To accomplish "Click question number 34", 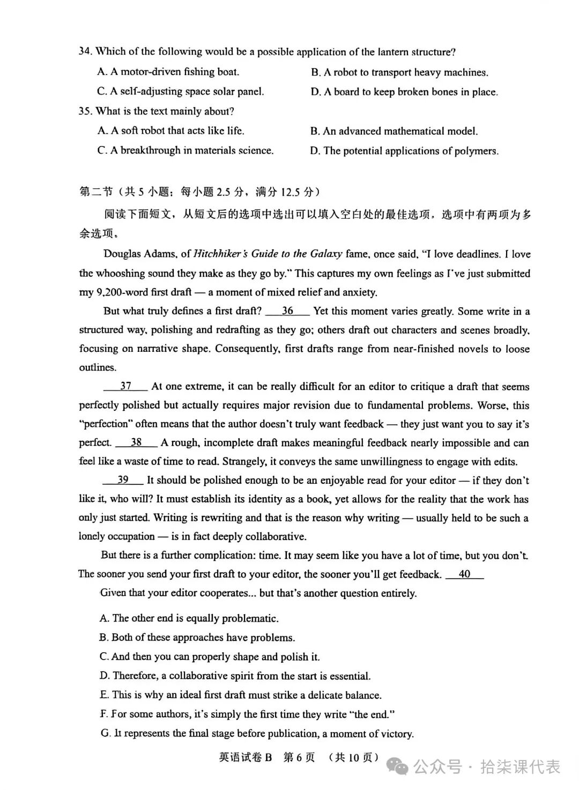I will coord(85,51).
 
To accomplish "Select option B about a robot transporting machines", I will coord(399,72).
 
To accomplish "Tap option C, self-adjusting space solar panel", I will coord(181,92).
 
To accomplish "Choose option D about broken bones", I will coord(404,92).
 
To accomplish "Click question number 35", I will coord(85,111).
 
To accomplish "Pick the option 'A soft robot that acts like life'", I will coord(170,131).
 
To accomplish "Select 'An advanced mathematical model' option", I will coord(394,131).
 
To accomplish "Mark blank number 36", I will coord(287,311).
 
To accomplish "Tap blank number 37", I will coord(125,386).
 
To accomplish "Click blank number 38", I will coord(136,442).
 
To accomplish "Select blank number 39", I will coord(123,480).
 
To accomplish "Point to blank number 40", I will coord(464,574).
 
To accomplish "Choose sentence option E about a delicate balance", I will coord(241,695).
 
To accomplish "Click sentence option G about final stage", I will coord(257,733).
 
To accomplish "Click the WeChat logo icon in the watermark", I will coord(402,767).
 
